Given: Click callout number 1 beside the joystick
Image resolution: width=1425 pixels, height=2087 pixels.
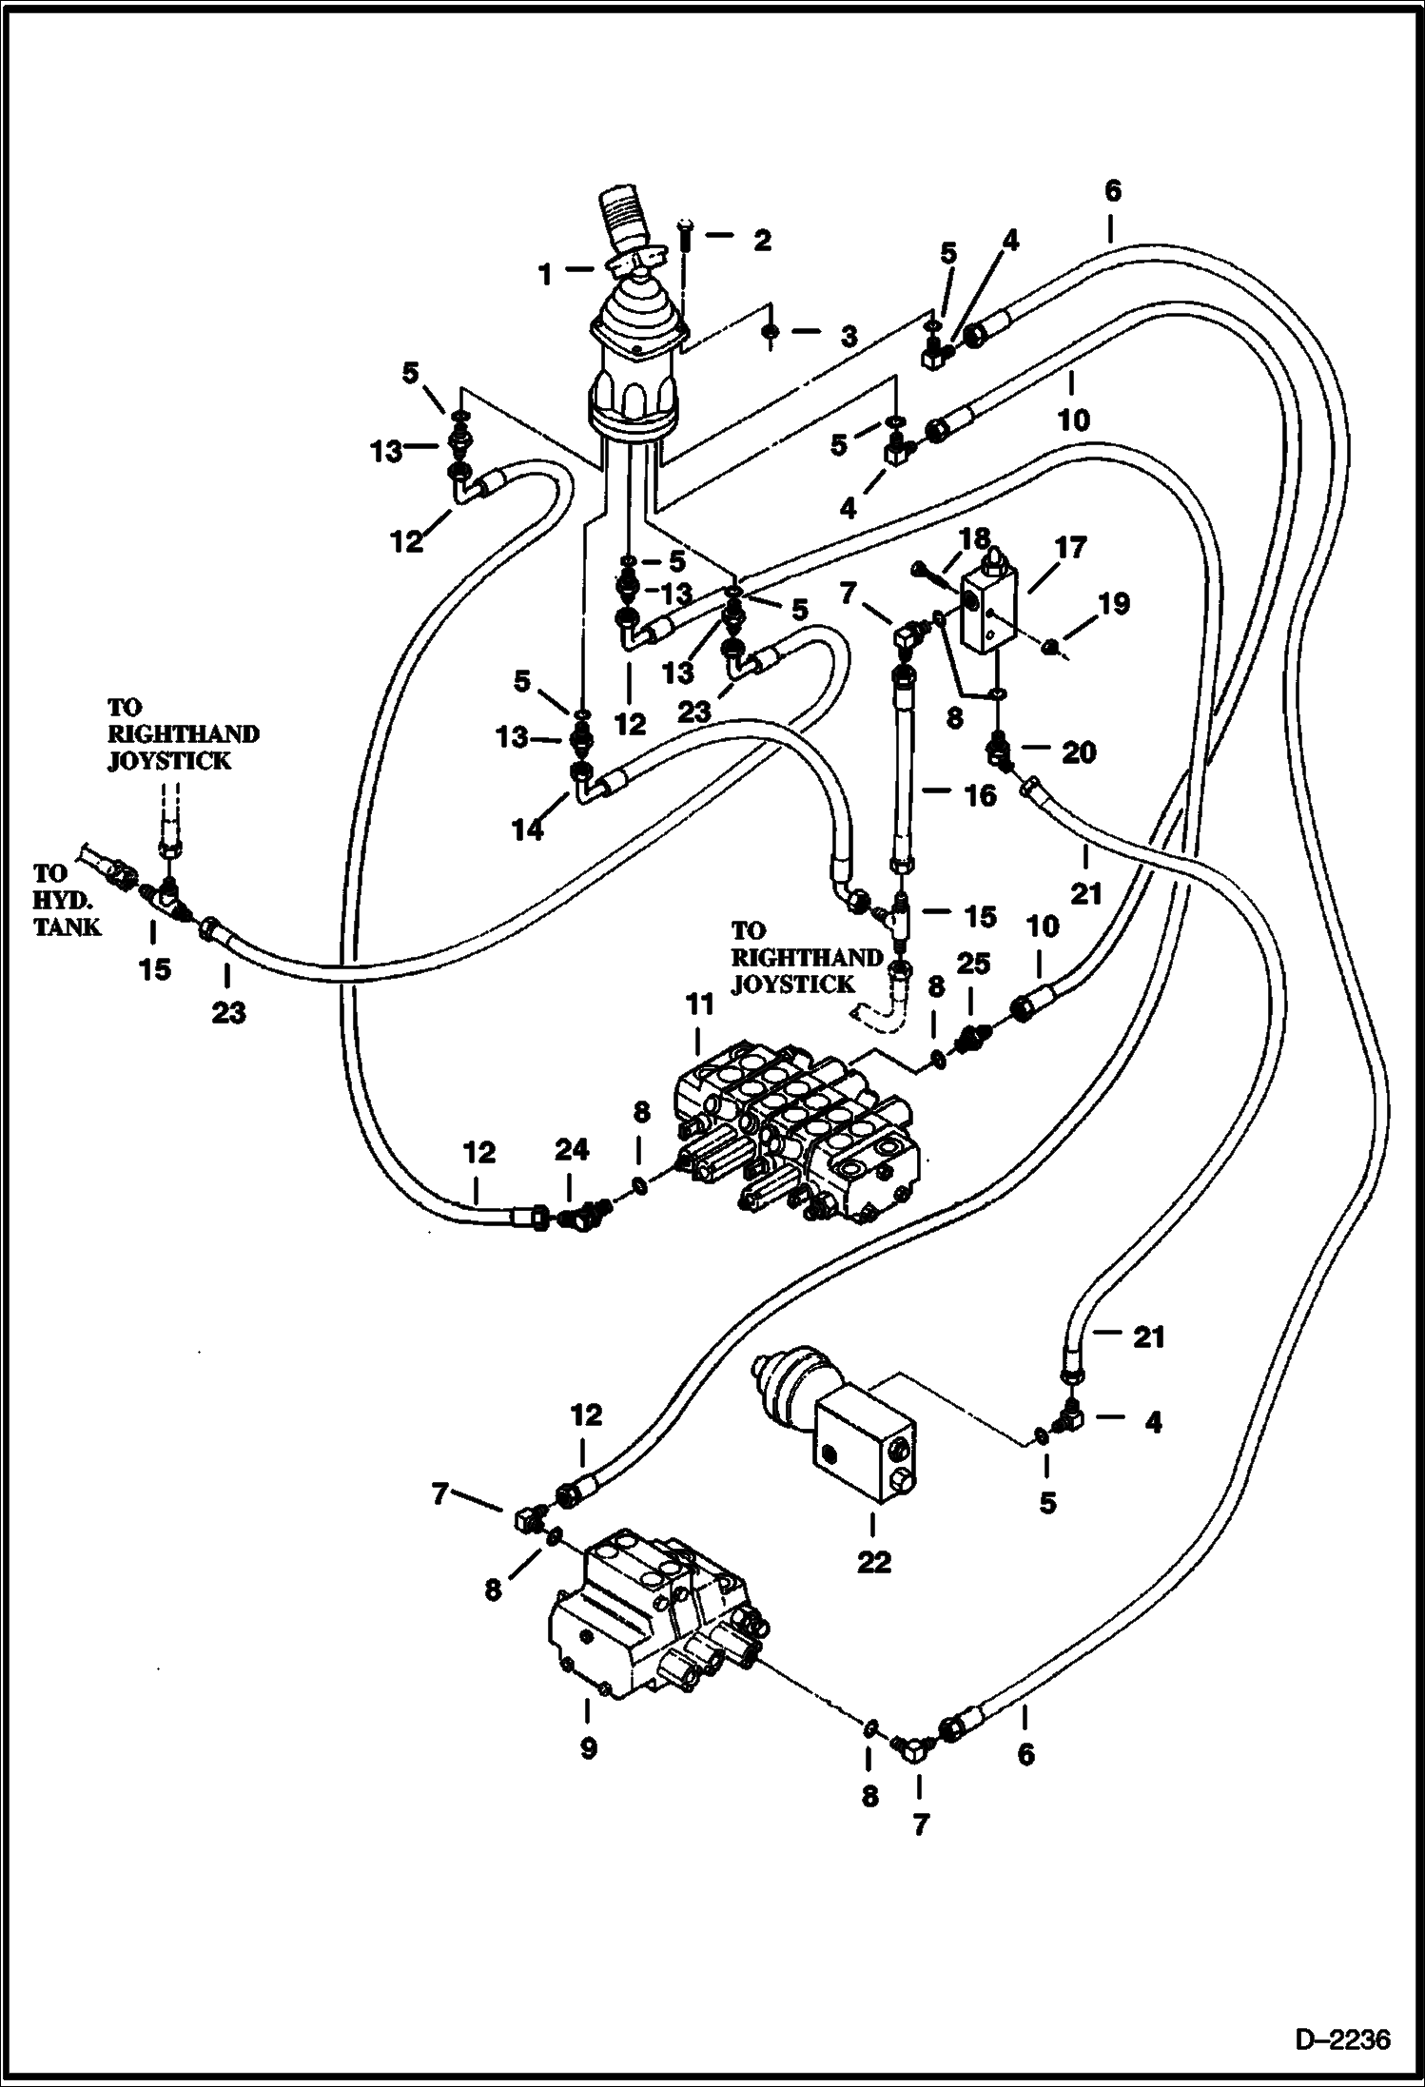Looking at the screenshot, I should point(545,275).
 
